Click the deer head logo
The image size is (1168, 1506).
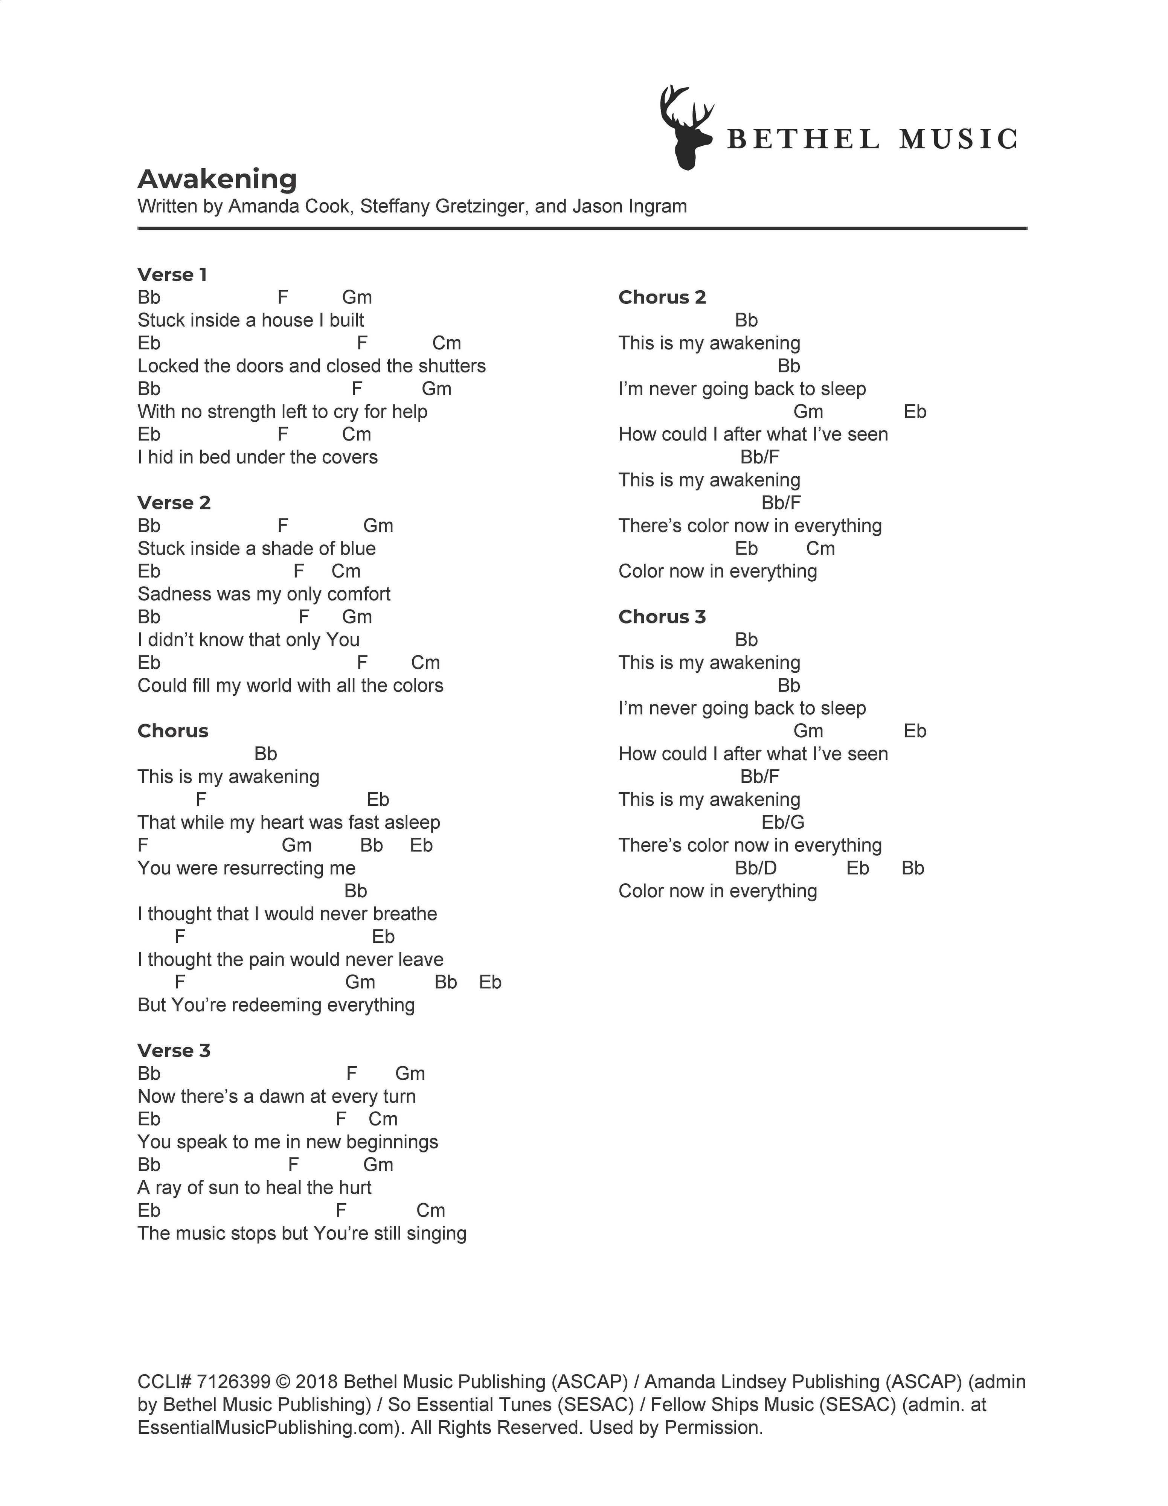point(685,128)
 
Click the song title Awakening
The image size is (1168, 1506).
point(217,179)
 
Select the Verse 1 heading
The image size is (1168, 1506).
point(172,274)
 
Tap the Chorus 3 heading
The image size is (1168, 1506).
point(662,616)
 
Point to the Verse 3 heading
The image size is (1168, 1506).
point(174,1050)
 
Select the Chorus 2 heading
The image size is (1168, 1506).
point(662,297)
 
